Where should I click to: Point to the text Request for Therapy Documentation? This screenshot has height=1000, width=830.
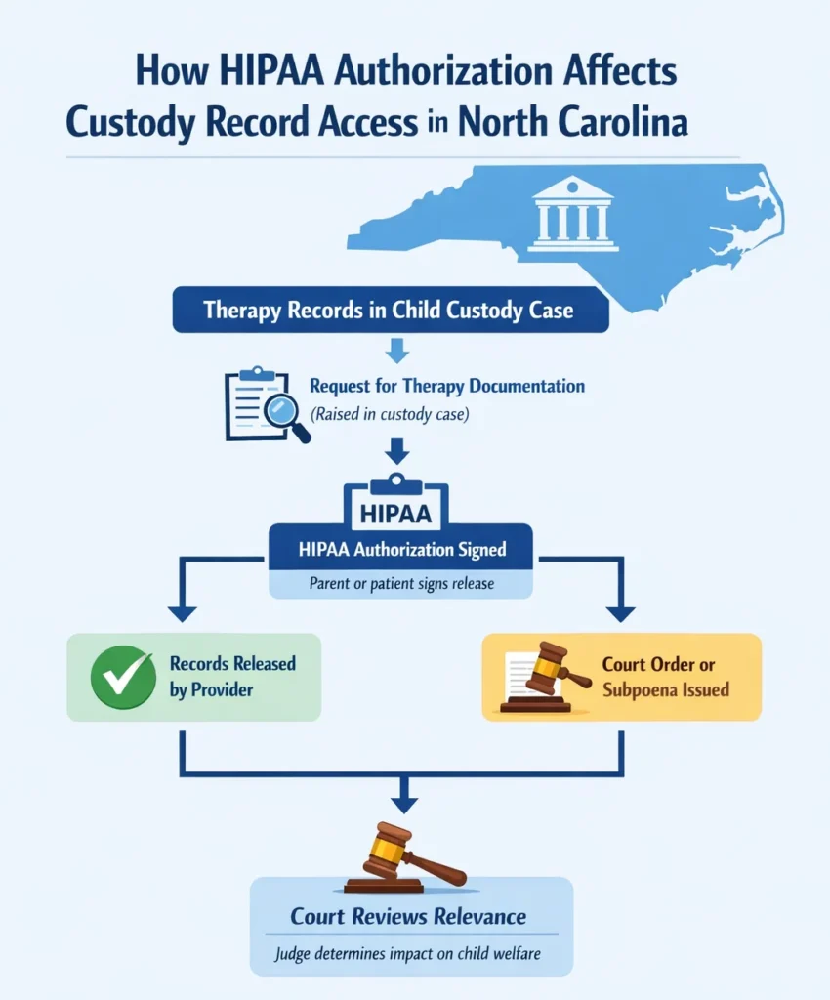(447, 386)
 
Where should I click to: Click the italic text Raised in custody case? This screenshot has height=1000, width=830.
(391, 414)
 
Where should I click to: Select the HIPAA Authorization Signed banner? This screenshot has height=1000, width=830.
(401, 550)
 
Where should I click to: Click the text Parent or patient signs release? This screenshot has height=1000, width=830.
(401, 584)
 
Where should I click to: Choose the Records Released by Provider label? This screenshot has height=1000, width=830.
(232, 677)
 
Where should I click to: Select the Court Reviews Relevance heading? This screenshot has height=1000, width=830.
(408, 916)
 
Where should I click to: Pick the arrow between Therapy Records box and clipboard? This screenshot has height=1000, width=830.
(396, 350)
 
